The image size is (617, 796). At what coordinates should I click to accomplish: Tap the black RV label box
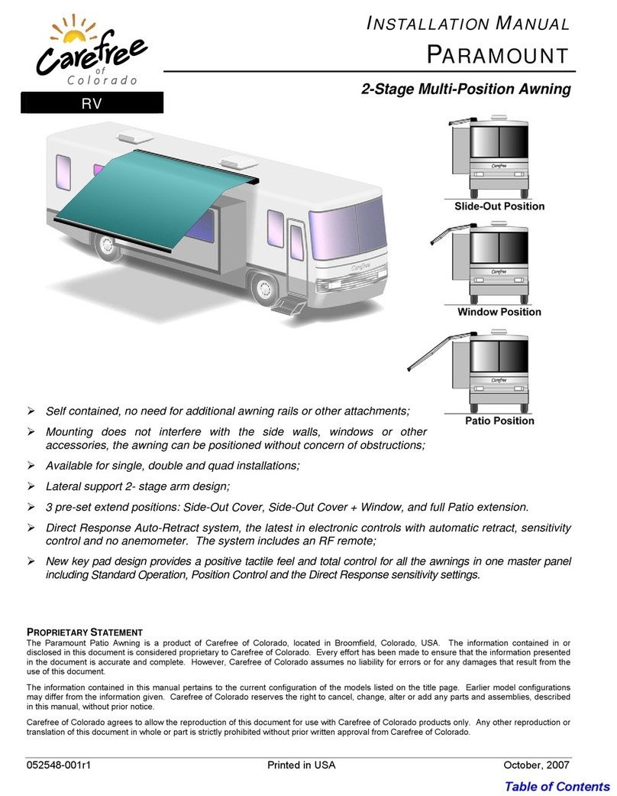pyautogui.click(x=92, y=104)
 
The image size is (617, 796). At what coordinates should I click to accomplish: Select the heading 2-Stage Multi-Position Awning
pyautogui.click(x=466, y=89)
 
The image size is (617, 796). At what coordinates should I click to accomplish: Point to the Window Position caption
pyautogui.click(x=499, y=312)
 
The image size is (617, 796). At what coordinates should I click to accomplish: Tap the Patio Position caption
pyautogui.click(x=499, y=421)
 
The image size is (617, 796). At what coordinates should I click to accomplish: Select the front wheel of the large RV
pyautogui.click(x=264, y=290)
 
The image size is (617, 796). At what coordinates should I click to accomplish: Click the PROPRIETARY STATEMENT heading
pyautogui.click(x=85, y=632)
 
